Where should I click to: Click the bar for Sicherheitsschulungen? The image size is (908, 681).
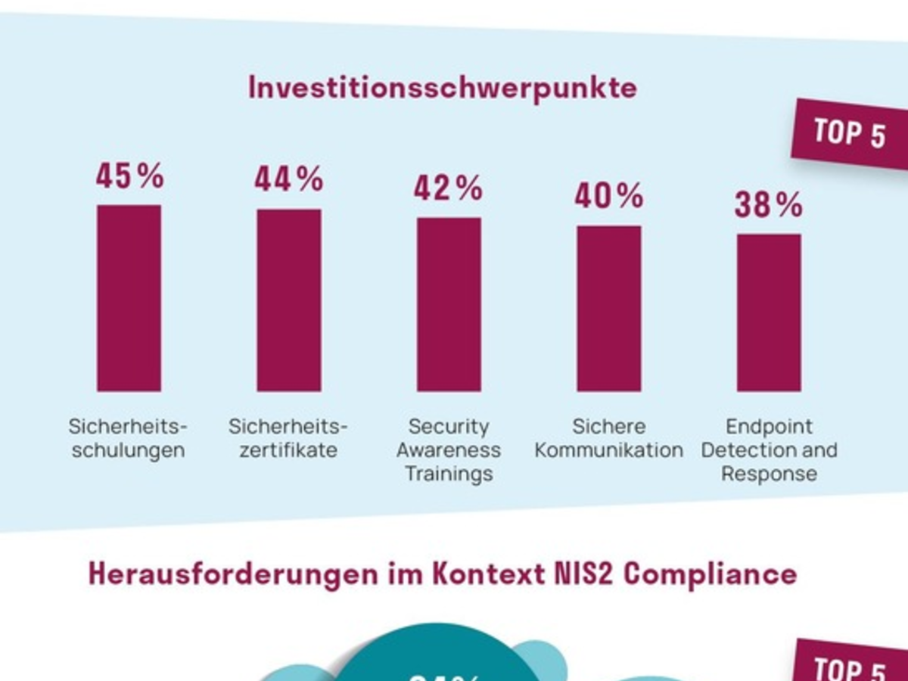[129, 298]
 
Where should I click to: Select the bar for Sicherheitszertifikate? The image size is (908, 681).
[289, 300]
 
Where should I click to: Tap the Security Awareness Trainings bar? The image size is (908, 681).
[449, 304]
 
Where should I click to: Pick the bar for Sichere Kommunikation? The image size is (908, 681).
[609, 309]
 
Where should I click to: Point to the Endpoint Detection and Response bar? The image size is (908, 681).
[769, 313]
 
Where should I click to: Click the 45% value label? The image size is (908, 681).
[129, 176]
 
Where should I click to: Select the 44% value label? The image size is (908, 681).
[289, 180]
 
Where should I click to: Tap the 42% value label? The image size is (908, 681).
[449, 188]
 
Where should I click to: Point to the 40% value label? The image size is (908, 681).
[609, 197]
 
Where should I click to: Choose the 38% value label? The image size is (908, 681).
[769, 205]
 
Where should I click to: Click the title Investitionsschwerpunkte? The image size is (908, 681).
[443, 88]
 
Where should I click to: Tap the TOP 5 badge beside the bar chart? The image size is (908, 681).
[850, 135]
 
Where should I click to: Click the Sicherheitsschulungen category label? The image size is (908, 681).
[127, 439]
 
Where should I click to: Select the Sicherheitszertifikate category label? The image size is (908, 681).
[288, 439]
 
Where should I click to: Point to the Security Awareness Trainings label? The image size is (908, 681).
[449, 450]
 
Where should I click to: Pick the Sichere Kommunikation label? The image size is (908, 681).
[608, 439]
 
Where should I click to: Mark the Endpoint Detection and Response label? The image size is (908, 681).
[769, 450]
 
